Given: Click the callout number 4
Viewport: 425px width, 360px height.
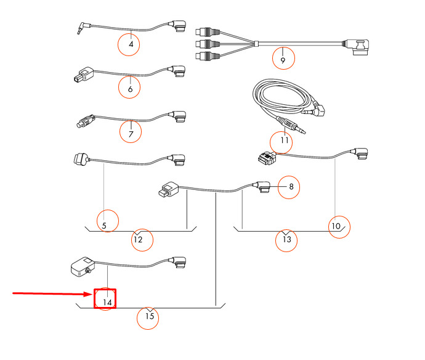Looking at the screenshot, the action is click(131, 44).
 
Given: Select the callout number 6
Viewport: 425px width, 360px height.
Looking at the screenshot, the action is click(131, 89).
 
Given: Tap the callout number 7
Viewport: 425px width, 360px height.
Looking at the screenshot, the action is click(131, 134).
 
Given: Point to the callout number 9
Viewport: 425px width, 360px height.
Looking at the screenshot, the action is click(283, 60).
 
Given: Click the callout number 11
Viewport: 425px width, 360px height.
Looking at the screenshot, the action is click(285, 141).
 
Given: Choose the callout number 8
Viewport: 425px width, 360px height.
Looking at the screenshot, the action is click(291, 186).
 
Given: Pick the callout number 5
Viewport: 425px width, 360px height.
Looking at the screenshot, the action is click(104, 226).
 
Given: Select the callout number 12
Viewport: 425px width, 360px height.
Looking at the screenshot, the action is click(138, 240).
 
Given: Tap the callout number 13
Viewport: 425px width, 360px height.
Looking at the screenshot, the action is click(287, 239).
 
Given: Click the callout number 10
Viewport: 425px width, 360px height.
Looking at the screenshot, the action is click(336, 226).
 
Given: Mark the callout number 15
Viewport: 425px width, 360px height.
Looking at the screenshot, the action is click(150, 316).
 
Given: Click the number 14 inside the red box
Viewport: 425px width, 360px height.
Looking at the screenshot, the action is click(107, 302).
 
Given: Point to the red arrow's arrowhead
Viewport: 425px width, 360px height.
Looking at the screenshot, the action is click(89, 294).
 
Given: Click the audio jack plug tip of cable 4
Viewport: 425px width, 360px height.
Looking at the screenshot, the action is click(79, 32).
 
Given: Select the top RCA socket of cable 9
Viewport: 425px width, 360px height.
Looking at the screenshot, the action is click(207, 32).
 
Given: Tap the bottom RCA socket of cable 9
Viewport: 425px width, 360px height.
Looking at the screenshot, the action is click(207, 56).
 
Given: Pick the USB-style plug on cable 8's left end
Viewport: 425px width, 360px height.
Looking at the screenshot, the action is click(168, 189).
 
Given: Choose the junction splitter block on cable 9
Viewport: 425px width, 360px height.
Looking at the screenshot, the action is click(256, 43).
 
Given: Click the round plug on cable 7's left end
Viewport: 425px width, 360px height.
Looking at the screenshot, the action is click(85, 121).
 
